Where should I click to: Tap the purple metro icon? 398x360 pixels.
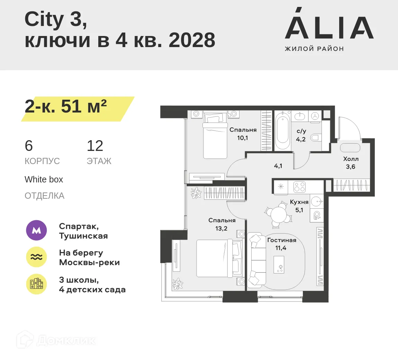(36, 230)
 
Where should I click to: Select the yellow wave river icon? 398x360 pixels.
(36, 257)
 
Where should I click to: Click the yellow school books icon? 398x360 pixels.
(36, 284)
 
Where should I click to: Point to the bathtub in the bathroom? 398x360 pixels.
(282, 131)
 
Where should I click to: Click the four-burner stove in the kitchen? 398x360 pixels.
(299, 187)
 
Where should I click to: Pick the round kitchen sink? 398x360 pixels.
(316, 201)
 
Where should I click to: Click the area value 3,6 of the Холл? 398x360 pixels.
(351, 167)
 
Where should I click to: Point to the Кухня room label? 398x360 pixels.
(299, 202)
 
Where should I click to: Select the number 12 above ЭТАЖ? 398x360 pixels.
(95, 146)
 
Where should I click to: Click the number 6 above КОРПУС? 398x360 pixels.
(29, 146)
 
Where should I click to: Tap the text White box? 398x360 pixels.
(44, 180)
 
